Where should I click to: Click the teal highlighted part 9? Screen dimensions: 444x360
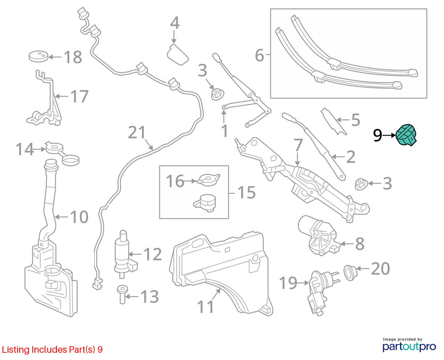406,135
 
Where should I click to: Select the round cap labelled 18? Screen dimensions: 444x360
38,56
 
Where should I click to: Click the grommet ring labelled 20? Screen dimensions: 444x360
350,273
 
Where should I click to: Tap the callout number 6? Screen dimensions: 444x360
259,56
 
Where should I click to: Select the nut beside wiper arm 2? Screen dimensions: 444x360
361,184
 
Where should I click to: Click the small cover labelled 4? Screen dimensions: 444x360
178,54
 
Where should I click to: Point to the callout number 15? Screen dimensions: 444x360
246,192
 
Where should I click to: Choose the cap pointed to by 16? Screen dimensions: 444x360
209,180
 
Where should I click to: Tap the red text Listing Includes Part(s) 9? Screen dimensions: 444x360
52,349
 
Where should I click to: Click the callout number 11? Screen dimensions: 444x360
206,307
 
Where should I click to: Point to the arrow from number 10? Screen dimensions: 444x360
61,217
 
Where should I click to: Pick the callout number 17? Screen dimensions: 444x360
79,97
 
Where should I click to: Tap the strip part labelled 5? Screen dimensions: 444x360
333,122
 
